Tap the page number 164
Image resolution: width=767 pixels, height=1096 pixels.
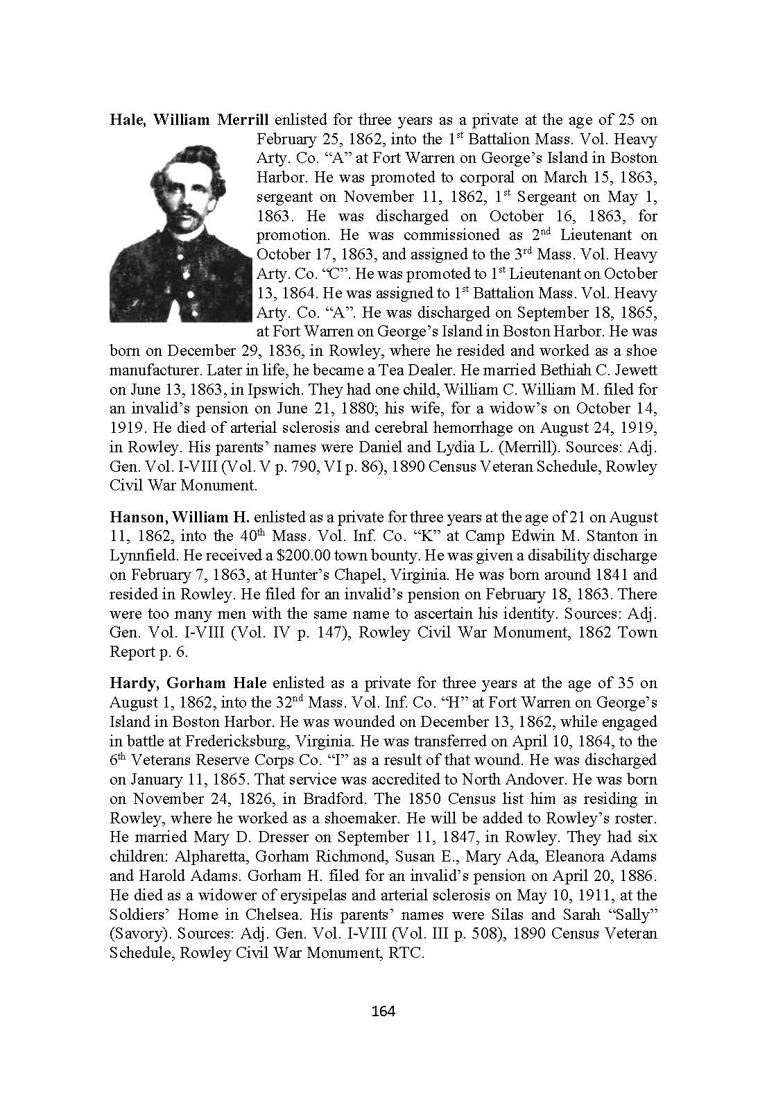pos(383,1011)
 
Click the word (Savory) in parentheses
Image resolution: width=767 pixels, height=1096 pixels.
pos(137,934)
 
